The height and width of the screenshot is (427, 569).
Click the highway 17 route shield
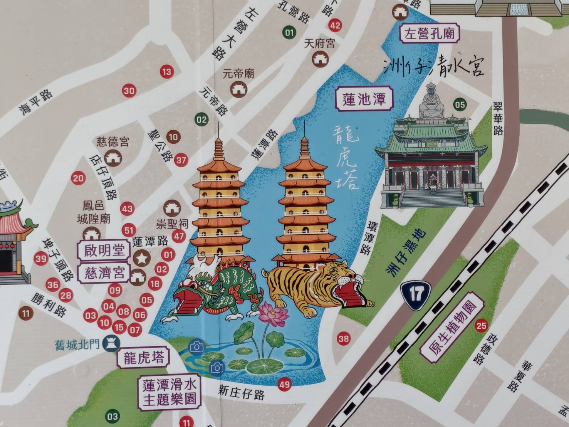point(415,293)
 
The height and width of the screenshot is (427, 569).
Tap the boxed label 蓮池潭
point(364,99)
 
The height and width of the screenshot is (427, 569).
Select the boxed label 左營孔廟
point(430,34)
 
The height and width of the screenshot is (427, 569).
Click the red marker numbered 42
point(335,25)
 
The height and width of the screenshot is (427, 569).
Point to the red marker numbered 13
point(166,72)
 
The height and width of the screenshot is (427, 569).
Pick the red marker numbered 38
point(344,339)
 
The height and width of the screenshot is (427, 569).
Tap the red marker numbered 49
point(284,384)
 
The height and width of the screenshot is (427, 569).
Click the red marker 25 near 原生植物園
point(481,326)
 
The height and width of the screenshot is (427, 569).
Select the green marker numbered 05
point(460,104)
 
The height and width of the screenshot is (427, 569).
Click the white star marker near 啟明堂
point(142,258)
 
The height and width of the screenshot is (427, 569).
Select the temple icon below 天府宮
point(319,59)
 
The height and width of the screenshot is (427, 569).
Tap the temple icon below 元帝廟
point(238,89)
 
